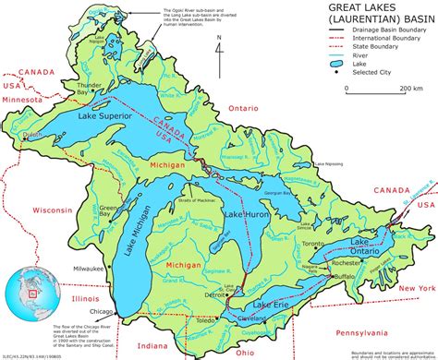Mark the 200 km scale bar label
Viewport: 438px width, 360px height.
411,89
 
